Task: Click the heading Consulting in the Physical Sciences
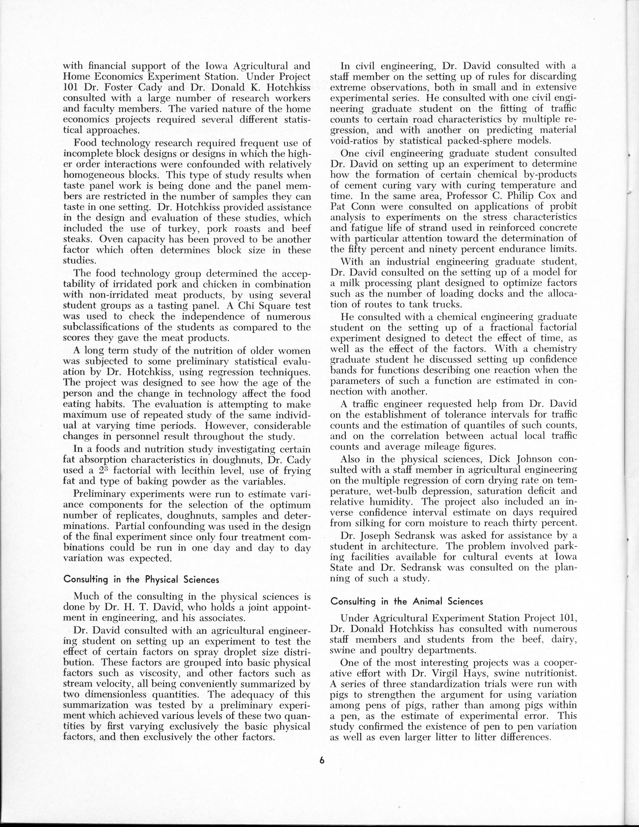(x=141, y=579)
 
